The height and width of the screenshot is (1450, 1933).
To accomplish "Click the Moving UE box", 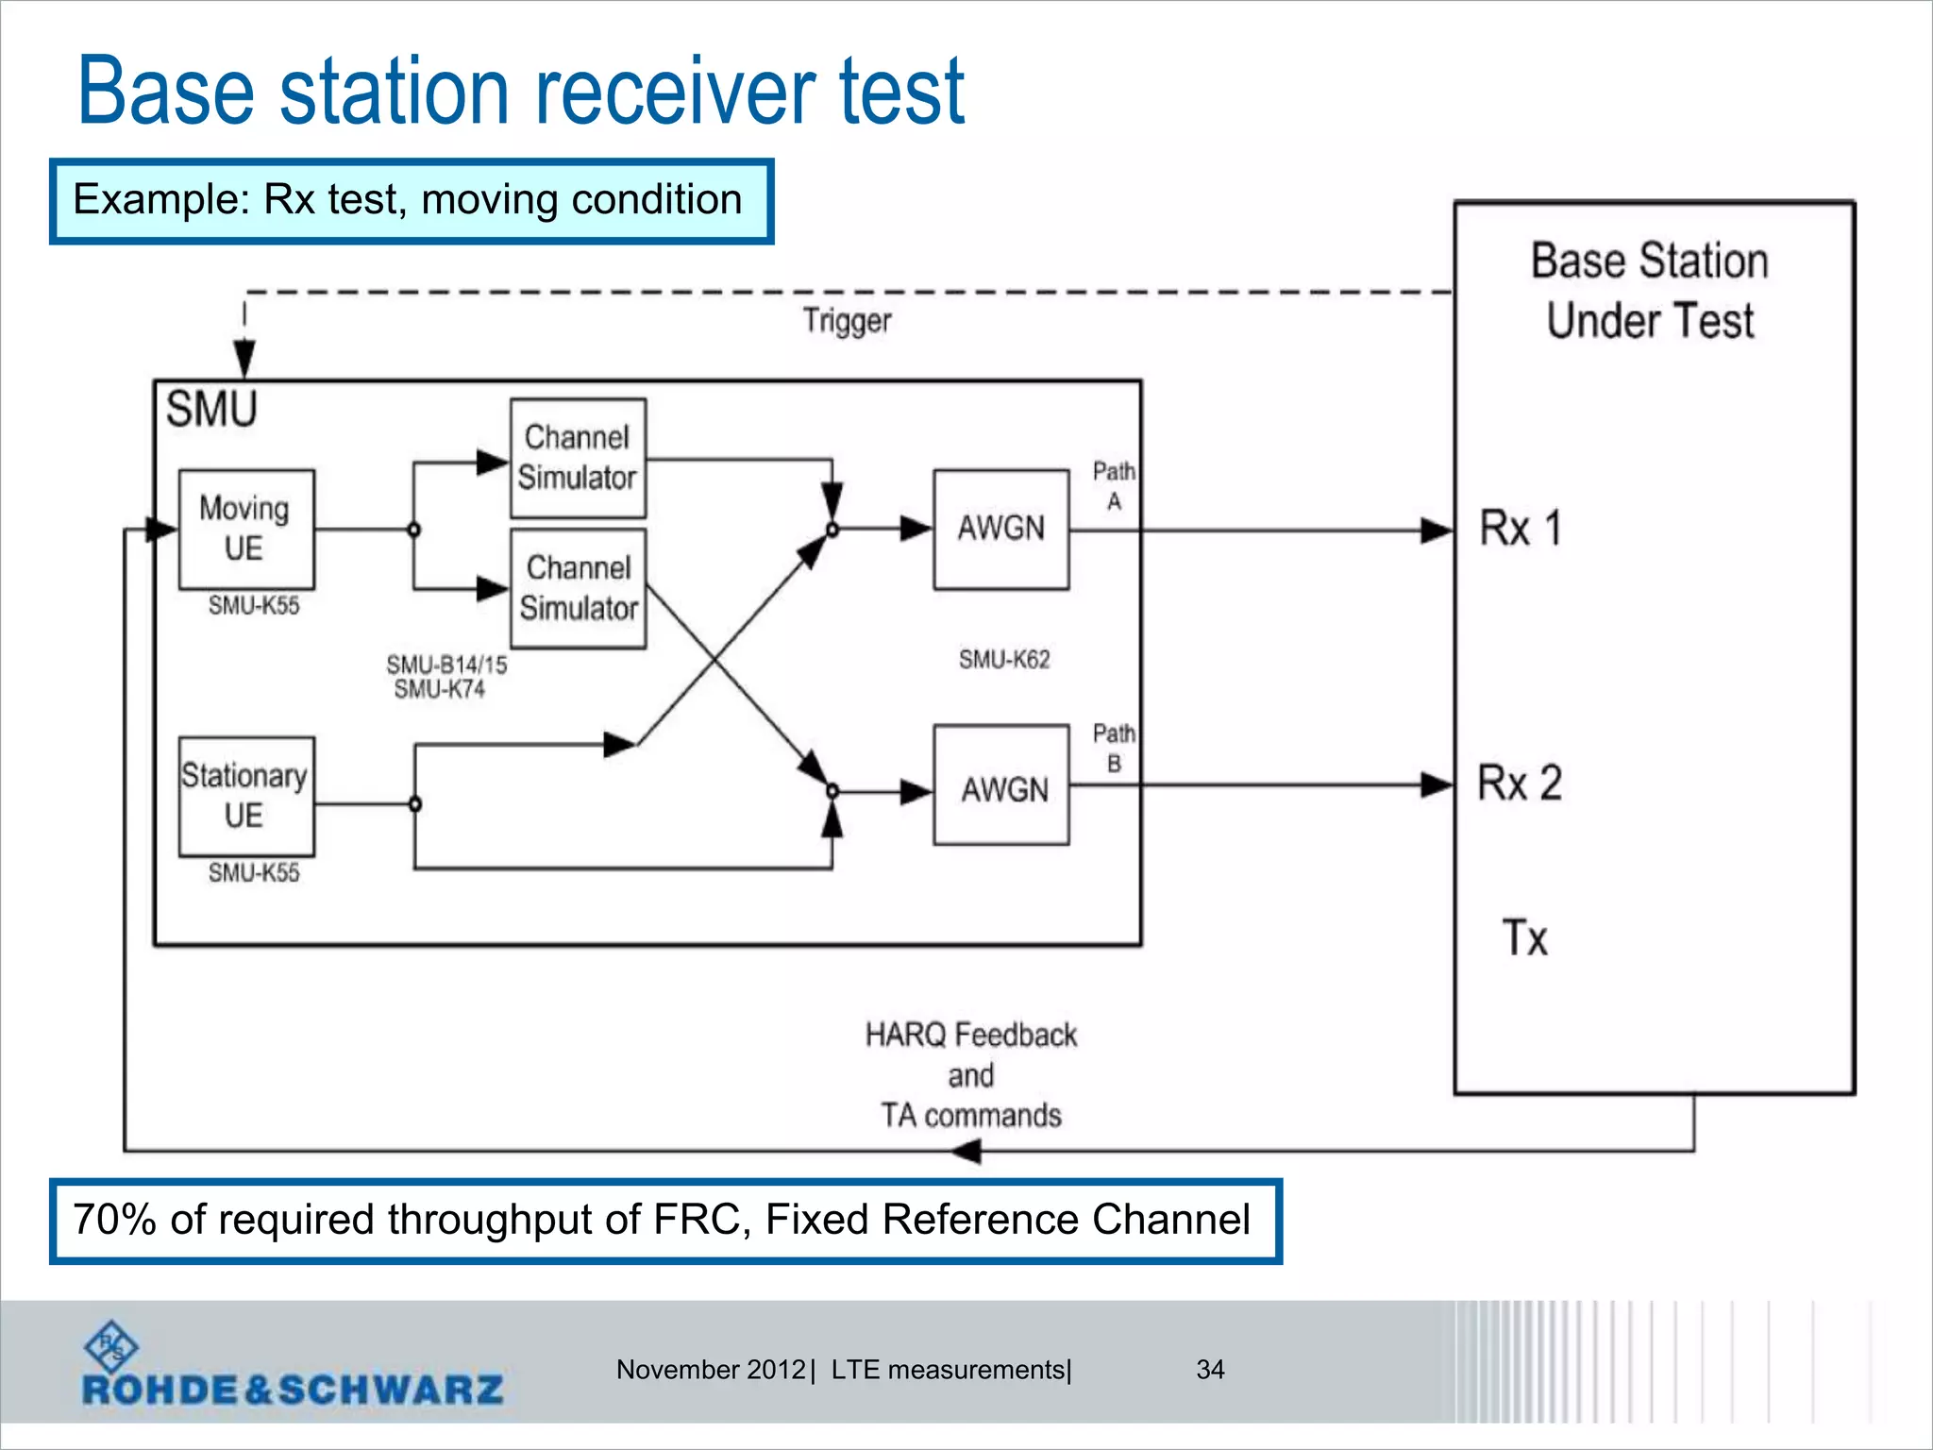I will pos(245,529).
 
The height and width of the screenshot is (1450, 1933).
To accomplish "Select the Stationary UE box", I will pos(245,796).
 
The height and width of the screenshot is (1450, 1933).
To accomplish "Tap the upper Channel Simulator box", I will pos(578,458).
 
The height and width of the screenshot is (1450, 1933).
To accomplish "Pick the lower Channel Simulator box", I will pos(578,588).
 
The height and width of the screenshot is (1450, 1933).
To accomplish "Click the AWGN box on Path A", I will pos(1000,529).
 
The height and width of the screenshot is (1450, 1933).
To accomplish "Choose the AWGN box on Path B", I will pos(1000,784).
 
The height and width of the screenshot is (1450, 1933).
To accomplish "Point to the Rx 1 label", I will pos(1520,528).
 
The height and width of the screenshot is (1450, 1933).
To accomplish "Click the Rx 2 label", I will pos(1520,783).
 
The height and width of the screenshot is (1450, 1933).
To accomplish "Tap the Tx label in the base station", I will pos(1524,937).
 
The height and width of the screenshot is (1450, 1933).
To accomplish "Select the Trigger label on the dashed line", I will pos(847,321).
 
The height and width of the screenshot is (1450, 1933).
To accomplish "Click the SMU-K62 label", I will pos(1004,659).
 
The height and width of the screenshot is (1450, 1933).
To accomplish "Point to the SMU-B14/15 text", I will pos(446,665).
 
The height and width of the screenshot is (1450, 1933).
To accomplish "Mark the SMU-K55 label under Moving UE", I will pos(253,605).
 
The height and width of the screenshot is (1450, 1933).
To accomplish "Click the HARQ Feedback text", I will pos(970,1035).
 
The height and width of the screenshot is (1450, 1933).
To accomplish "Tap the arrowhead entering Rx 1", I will pos(1437,531).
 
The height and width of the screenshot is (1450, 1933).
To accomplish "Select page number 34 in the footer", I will pos(1210,1369).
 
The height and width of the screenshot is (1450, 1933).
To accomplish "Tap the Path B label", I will pos(1114,748).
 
